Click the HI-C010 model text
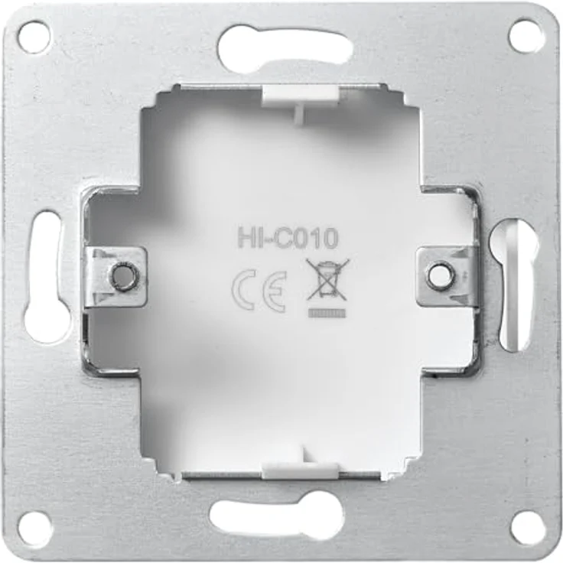tap(288, 239)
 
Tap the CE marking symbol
tap(259, 291)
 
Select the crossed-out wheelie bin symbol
tap(327, 280)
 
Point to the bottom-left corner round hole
tap(35, 528)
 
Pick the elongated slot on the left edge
tap(46, 277)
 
